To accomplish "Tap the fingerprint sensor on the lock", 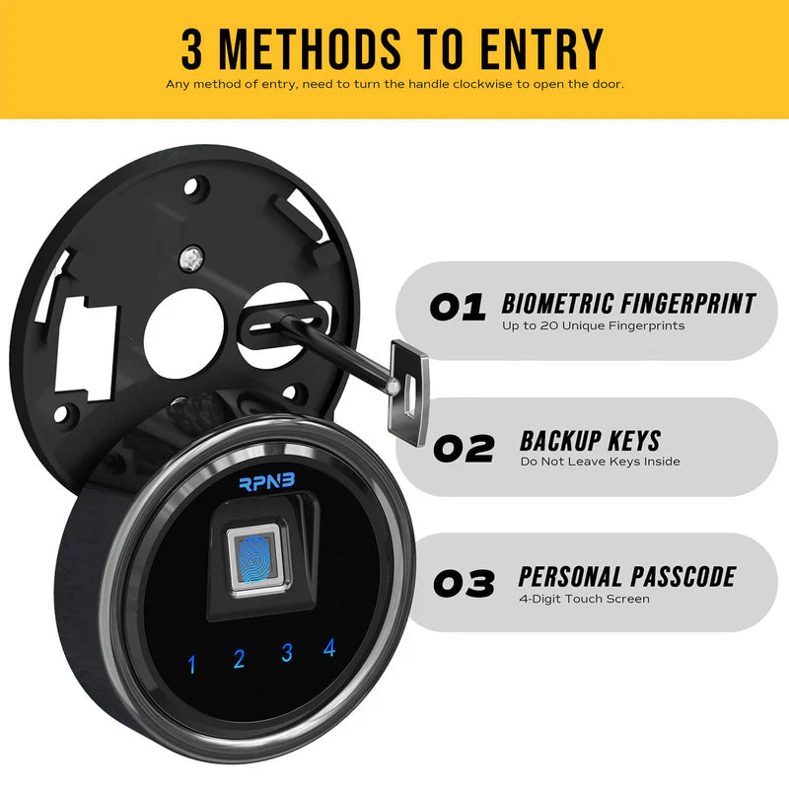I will [253, 559].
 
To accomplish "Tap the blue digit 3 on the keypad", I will [287, 652].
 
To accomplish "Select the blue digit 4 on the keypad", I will [329, 648].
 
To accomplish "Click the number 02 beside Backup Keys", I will [464, 449].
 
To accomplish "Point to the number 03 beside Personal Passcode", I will [464, 585].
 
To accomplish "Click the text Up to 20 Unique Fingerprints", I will [593, 325].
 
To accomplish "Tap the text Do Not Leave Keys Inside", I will [600, 462].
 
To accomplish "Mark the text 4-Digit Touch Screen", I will [584, 599].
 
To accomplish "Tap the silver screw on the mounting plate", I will [191, 258].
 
